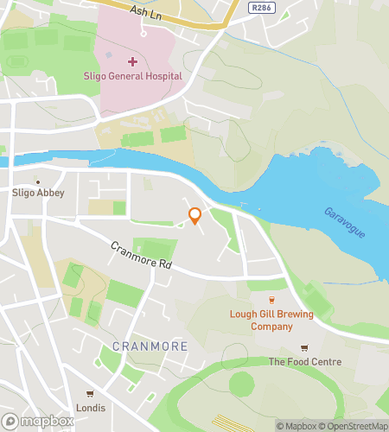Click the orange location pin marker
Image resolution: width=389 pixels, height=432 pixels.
click(194, 216)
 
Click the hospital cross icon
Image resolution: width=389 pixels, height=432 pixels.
click(132, 61)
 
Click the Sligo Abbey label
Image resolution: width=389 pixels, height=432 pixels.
click(38, 194)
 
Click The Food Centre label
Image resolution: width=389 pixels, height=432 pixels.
click(304, 362)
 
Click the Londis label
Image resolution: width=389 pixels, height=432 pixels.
click(90, 408)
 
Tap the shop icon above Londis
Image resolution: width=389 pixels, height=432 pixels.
click(89, 394)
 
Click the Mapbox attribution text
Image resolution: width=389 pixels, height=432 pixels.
click(297, 425)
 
